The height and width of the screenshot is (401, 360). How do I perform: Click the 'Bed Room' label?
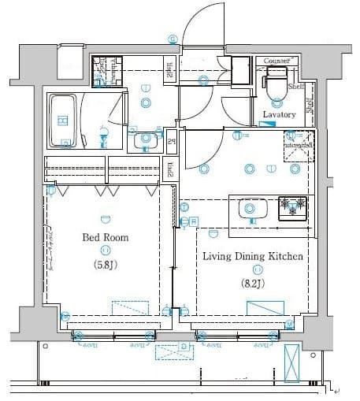pyautogui.click(x=105, y=236)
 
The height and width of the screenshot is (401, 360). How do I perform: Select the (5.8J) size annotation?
pyautogui.click(x=105, y=264)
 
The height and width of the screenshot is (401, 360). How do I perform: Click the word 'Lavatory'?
pyautogui.click(x=279, y=115)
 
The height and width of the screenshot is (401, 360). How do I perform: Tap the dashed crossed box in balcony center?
pyautogui.click(x=176, y=352)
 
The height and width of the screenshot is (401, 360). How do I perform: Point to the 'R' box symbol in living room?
pyautogui.click(x=193, y=221)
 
